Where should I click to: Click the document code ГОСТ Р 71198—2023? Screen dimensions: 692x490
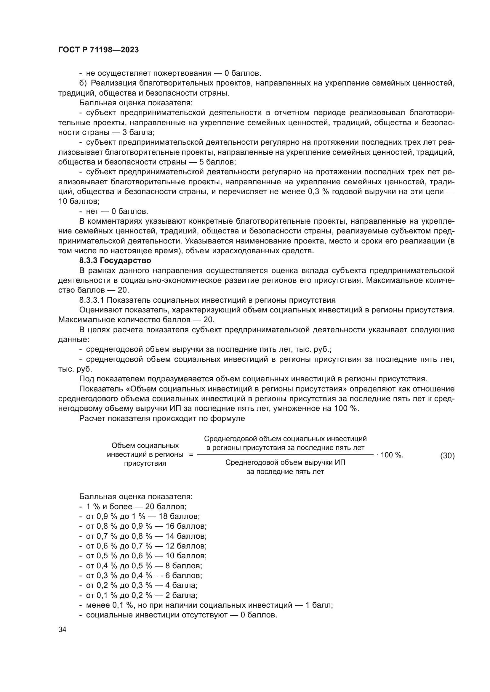point(98,50)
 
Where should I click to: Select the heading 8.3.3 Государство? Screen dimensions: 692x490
point(115,260)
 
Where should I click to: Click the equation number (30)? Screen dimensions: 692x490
point(447,456)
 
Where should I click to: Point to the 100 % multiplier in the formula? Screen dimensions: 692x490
point(392,455)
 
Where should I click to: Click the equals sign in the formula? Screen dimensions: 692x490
point(191,455)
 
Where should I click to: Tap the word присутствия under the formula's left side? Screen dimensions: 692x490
point(145,464)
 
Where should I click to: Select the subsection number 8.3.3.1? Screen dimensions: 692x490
point(92,300)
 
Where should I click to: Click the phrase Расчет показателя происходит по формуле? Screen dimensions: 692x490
point(162,419)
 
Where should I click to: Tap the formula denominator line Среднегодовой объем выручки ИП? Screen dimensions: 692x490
point(285,463)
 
